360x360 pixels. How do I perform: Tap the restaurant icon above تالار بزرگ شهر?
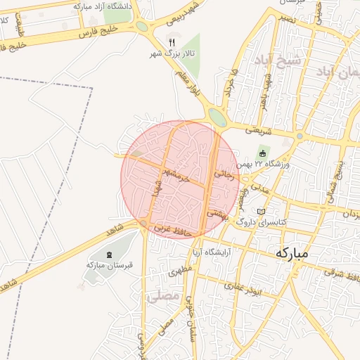[171, 41]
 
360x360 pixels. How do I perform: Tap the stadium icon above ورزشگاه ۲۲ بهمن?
[263, 153]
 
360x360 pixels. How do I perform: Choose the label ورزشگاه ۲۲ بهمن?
[264, 164]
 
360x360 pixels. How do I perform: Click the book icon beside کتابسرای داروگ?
[262, 212]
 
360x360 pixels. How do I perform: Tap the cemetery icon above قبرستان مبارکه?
[109, 255]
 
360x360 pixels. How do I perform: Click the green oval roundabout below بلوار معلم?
[218, 117]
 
